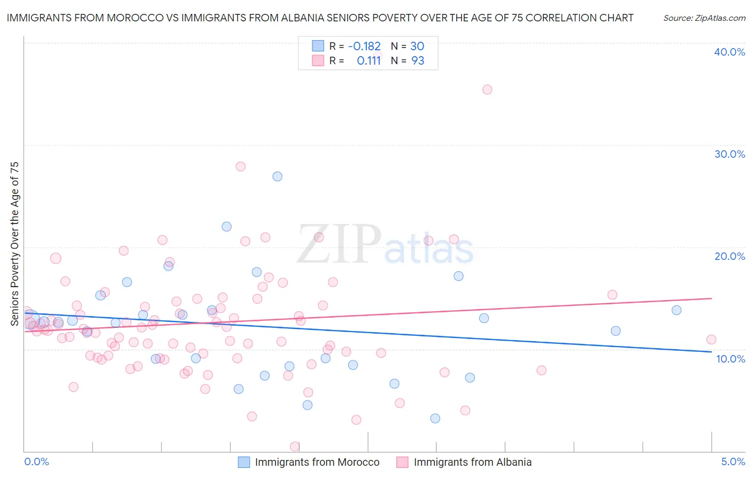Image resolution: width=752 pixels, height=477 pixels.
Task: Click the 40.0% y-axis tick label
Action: click(x=730, y=52)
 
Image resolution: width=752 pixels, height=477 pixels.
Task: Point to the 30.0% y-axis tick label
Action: click(x=730, y=154)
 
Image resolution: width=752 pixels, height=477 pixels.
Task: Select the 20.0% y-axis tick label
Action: click(x=730, y=256)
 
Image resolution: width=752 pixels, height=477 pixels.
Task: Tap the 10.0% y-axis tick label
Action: click(x=731, y=359)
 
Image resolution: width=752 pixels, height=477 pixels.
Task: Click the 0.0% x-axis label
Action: click(x=36, y=461)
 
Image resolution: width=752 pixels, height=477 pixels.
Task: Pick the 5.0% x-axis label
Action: click(x=733, y=461)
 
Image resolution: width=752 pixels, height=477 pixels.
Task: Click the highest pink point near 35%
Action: click(x=487, y=89)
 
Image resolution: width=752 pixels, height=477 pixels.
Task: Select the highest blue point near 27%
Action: click(x=277, y=176)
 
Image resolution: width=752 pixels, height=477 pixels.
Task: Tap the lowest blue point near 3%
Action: click(x=435, y=418)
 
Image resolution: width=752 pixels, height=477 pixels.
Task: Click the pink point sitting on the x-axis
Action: click(x=294, y=447)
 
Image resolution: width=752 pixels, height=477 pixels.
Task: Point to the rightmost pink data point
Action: click(x=711, y=340)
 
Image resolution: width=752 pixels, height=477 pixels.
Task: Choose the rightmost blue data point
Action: click(x=676, y=310)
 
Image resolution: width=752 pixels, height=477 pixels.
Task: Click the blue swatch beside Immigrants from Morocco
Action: click(x=244, y=462)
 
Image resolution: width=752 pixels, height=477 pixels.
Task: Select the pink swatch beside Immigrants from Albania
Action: click(x=402, y=462)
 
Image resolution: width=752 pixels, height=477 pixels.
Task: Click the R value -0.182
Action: click(x=364, y=47)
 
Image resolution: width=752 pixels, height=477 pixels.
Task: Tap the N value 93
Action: click(x=417, y=61)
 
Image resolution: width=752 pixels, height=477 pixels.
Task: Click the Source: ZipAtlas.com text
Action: click(x=704, y=18)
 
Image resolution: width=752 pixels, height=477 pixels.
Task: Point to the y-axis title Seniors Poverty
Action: click(x=14, y=243)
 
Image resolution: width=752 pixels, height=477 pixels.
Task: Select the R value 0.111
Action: click(x=369, y=61)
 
